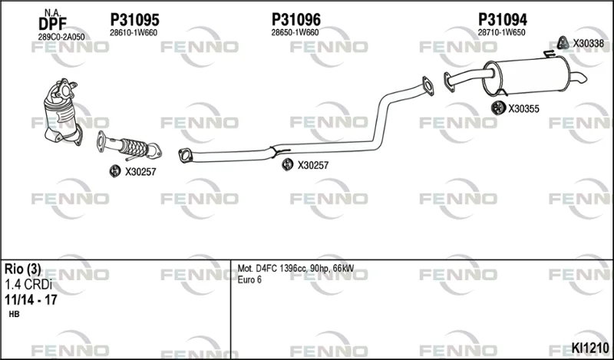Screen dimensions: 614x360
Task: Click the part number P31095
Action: (x=135, y=20)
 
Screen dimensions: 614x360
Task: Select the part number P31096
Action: (x=296, y=20)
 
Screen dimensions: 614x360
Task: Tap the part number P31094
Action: (x=503, y=20)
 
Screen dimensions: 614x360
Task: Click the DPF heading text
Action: (x=52, y=24)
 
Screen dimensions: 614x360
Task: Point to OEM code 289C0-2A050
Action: (x=61, y=37)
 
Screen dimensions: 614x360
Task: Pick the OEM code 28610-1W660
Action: (x=134, y=33)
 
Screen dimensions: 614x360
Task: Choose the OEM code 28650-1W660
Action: (x=295, y=33)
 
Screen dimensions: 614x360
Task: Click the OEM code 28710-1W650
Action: (x=502, y=33)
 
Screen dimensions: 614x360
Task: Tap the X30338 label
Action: (x=589, y=44)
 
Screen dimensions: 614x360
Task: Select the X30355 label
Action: (x=523, y=109)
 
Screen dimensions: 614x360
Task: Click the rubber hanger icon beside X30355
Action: (x=498, y=107)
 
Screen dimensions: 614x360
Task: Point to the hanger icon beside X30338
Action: (x=563, y=43)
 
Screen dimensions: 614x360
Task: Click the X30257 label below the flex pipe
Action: (x=140, y=172)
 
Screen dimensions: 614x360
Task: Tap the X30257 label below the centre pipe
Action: (x=313, y=165)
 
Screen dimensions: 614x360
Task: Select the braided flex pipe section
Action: (x=134, y=147)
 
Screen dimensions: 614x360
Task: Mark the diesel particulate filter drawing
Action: (x=63, y=111)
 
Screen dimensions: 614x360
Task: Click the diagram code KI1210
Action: (x=590, y=348)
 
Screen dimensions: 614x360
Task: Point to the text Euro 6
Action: (x=249, y=279)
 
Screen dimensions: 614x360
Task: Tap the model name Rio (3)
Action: (x=22, y=269)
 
